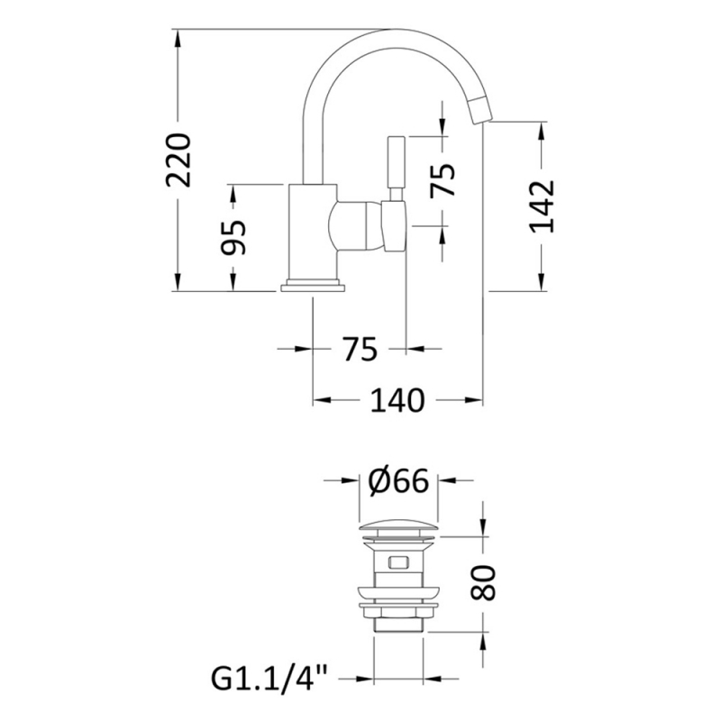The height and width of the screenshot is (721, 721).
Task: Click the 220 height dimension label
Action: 178,160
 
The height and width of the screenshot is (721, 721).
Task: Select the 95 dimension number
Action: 233,237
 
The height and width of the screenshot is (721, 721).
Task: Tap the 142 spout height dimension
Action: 543,206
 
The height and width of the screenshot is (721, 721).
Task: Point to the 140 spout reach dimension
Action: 397,400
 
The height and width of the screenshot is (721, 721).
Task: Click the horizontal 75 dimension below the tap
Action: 360,349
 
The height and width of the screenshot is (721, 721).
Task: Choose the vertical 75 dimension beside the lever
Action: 443,181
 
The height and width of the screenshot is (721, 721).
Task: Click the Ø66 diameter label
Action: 398,480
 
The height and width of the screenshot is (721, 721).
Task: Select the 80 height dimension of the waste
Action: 483,582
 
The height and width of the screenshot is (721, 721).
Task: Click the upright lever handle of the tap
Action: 397,169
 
